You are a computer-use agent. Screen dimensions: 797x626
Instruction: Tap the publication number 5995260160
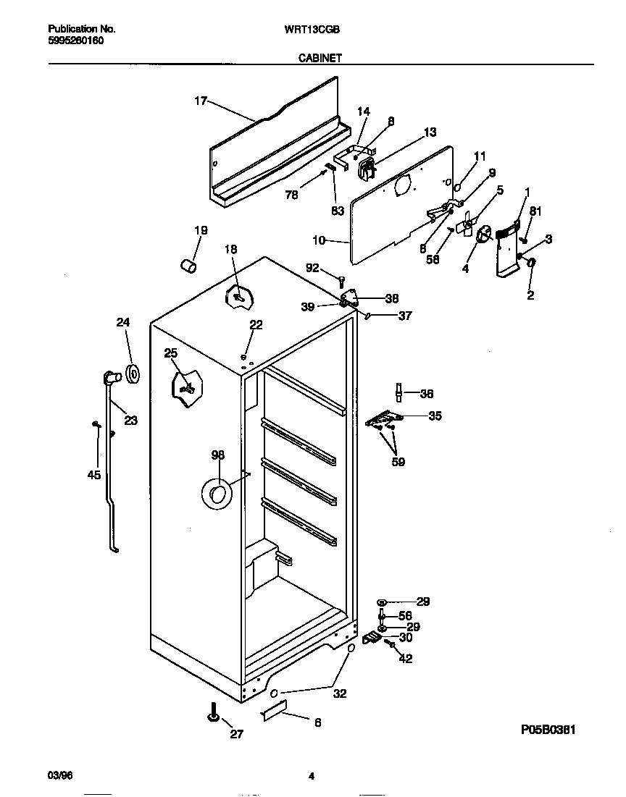pos(75,41)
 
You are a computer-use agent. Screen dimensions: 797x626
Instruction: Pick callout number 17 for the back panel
pos(201,101)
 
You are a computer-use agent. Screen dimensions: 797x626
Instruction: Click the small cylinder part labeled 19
pos(188,266)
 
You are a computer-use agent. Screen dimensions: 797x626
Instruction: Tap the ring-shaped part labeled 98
pos(215,494)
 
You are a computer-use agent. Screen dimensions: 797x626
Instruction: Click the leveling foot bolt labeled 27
pos(215,714)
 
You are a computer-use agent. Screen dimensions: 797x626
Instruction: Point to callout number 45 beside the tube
pos(93,476)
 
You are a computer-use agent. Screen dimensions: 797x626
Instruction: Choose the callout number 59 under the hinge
pos(398,462)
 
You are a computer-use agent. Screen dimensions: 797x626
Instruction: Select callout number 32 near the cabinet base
pos(340,693)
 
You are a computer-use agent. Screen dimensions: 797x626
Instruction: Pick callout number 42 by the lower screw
pos(406,659)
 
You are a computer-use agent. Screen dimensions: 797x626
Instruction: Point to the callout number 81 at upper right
pos(535,212)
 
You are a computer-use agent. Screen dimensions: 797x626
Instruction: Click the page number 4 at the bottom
pos(311,777)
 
